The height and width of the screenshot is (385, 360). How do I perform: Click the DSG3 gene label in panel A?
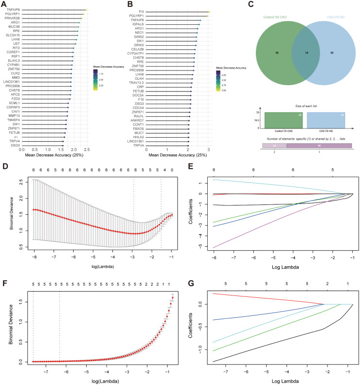[x=16, y=146]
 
